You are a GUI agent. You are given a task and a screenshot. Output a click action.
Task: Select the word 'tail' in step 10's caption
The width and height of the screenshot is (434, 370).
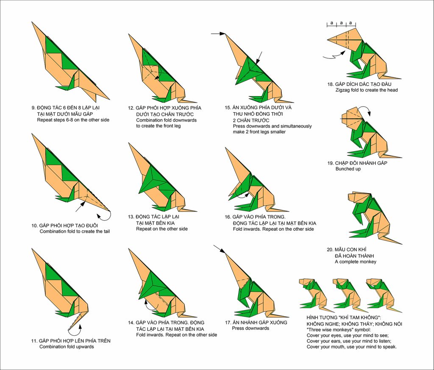104,232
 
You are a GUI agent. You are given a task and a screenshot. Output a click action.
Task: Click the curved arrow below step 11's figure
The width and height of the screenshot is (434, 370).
74,324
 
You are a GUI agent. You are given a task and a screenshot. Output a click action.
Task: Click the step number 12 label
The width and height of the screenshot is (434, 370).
131,108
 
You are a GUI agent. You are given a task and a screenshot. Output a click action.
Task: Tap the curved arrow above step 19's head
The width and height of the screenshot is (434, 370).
366,111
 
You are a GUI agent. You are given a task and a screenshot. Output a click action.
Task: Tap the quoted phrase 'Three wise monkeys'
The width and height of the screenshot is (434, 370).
329,329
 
